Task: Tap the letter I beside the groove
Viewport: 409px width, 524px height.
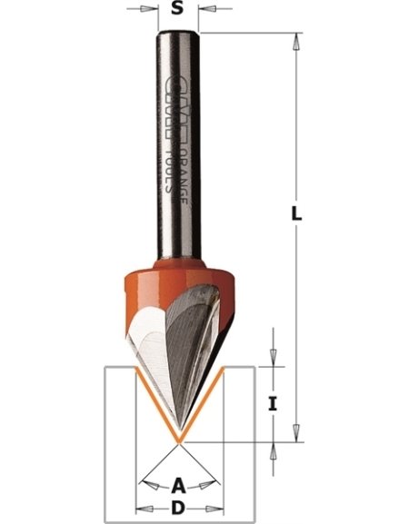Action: click(274, 404)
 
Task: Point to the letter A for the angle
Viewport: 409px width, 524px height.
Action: click(178, 484)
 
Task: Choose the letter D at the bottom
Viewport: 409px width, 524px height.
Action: click(178, 507)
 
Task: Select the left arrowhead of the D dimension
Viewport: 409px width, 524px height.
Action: click(139, 508)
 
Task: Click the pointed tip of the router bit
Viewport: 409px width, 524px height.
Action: click(178, 440)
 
